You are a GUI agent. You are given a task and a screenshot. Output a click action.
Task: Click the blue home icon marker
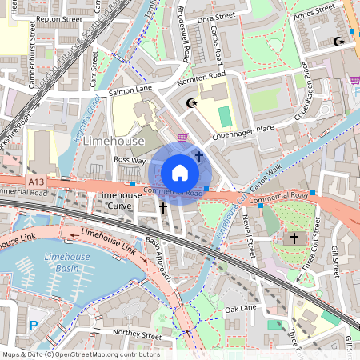pyautogui.click(x=180, y=173)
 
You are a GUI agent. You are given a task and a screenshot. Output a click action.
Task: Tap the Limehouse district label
pyautogui.click(x=113, y=141)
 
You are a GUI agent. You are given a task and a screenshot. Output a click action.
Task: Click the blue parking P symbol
pyautogui.click(x=33, y=325)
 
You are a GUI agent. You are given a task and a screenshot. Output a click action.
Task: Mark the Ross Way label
pyautogui.click(x=129, y=160)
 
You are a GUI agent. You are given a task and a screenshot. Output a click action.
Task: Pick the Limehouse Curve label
pyautogui.click(x=119, y=201)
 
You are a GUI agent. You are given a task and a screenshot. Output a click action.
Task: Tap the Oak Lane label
pyautogui.click(x=240, y=308)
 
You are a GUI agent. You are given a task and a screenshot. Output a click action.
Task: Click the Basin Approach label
pyautogui.click(x=158, y=258)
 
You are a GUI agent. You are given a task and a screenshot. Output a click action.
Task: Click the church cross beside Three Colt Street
pyautogui.click(x=294, y=238)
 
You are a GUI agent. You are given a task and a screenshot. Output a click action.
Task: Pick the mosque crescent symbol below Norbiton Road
pyautogui.click(x=190, y=103)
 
